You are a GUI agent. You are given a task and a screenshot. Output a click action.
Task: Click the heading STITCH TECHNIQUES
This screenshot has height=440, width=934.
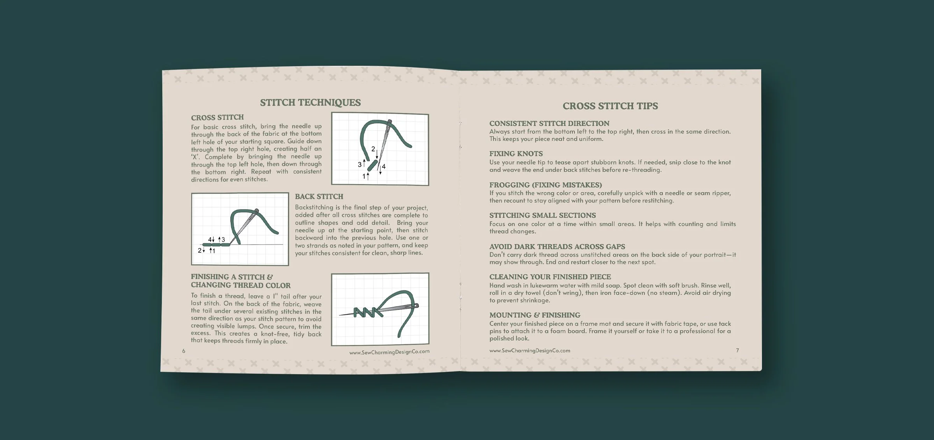point(310,102)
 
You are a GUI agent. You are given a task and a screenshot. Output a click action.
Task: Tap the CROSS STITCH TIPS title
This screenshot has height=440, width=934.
point(610,106)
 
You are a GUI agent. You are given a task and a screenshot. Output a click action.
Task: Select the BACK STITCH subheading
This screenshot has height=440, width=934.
point(319,197)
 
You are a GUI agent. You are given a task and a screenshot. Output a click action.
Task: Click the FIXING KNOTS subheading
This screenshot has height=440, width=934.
point(516,154)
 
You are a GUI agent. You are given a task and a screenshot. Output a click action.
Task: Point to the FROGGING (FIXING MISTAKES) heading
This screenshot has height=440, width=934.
point(545,185)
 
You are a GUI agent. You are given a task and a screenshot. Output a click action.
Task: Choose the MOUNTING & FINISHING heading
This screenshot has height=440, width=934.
point(534,315)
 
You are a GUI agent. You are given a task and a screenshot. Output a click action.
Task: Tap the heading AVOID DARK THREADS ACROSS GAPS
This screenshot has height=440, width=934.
point(557,246)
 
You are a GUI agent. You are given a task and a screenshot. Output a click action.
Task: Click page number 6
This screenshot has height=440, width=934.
point(184,351)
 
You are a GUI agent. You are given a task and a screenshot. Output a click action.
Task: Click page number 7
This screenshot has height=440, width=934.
point(737,350)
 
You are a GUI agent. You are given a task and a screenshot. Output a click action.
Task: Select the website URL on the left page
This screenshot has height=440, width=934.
point(389,352)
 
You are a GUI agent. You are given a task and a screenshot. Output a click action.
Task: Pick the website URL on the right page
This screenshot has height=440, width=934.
point(530,350)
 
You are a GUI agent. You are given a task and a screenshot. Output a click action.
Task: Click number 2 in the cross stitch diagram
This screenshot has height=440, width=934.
point(373,149)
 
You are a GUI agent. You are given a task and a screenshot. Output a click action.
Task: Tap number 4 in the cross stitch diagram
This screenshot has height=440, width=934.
point(384,166)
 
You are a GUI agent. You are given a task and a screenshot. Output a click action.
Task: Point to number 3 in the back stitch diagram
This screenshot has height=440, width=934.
point(223,239)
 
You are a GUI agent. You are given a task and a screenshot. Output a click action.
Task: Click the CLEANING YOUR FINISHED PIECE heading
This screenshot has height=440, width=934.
point(550,277)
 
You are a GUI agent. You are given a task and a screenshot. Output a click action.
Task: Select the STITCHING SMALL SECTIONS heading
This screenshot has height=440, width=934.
point(542,215)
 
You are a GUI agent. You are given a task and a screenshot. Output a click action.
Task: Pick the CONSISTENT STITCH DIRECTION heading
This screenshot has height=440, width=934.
point(549,123)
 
